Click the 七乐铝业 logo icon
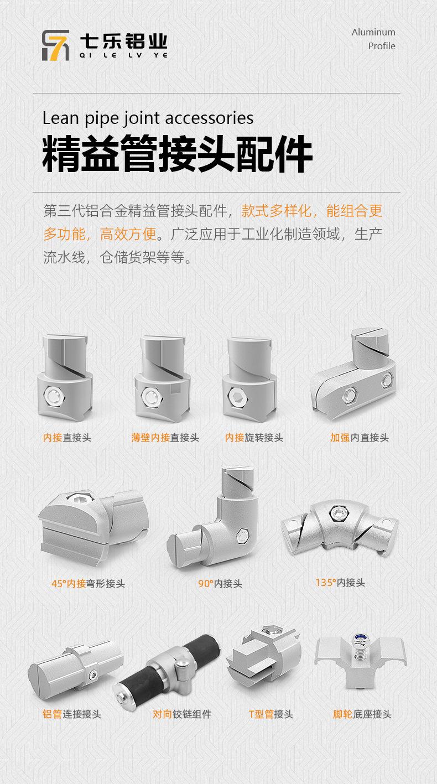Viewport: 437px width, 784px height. click(x=56, y=45)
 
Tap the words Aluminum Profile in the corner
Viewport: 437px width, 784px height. click(x=374, y=39)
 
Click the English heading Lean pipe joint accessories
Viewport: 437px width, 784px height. click(x=148, y=118)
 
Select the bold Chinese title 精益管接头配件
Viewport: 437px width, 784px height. click(x=178, y=153)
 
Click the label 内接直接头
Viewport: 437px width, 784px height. click(x=67, y=438)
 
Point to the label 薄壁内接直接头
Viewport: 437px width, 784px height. click(x=165, y=438)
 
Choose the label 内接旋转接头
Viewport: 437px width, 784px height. click(x=254, y=438)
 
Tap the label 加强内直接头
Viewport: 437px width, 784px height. click(x=360, y=438)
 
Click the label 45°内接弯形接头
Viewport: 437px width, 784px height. click(x=88, y=584)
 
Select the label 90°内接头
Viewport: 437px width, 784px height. click(x=220, y=584)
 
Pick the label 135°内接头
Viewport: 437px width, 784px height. click(x=340, y=583)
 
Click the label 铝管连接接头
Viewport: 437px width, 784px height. click(x=72, y=714)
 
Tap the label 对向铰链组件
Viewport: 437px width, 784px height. click(x=182, y=714)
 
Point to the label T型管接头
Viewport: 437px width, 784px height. click(x=271, y=714)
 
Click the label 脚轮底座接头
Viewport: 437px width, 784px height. click(x=362, y=714)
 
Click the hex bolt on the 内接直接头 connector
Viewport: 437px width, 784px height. click(x=54, y=395)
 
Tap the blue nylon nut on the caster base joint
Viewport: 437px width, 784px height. click(x=358, y=639)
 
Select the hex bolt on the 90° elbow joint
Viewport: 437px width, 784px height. click(x=242, y=534)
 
